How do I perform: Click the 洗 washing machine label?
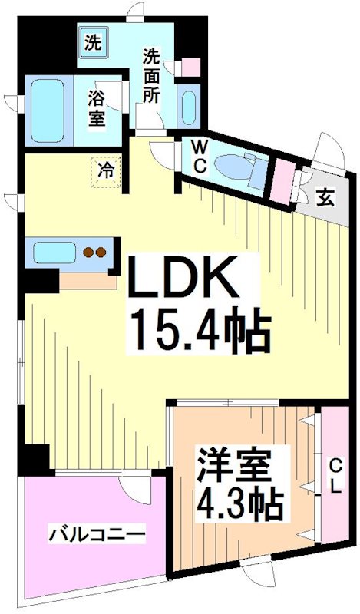(93, 44)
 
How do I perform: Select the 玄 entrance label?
(326, 196)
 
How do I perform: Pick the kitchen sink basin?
(51, 251)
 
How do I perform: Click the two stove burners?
(94, 251)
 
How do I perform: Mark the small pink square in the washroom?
(191, 68)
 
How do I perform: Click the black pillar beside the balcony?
(34, 460)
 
